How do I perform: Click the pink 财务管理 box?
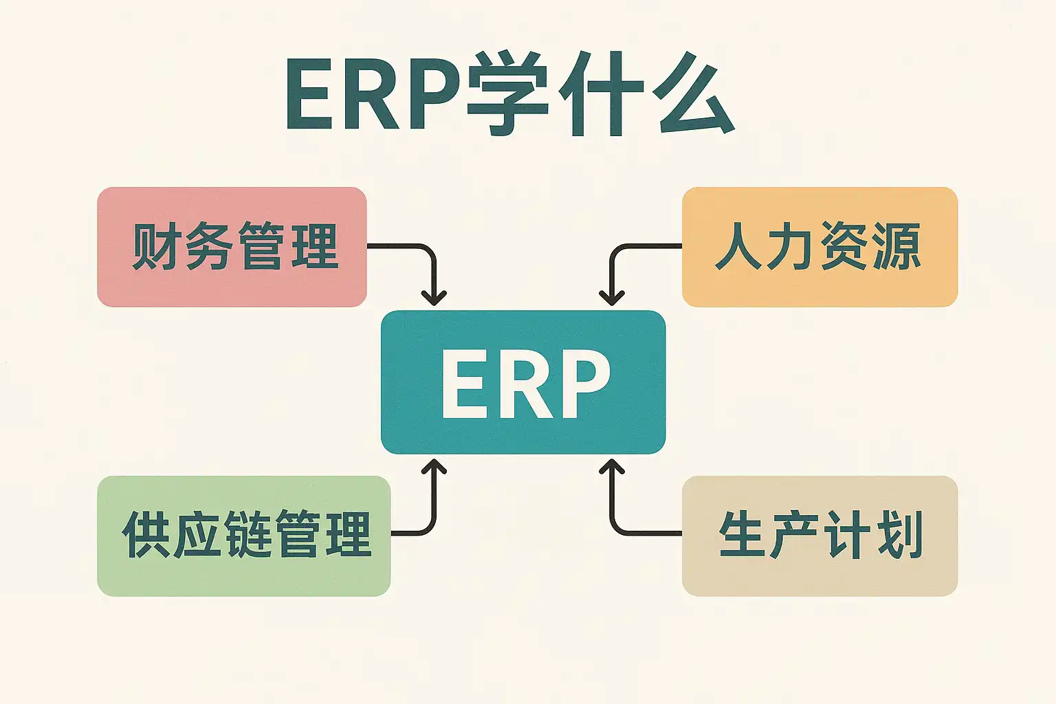coord(232,246)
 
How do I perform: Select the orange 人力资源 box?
coord(819,246)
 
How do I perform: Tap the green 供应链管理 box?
coord(243,535)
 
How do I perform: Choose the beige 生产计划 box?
coord(819,535)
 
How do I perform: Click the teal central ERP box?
coord(523,382)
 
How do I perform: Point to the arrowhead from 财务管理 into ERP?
coord(434,298)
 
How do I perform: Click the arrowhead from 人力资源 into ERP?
coord(611,298)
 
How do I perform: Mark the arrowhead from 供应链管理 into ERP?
coord(434,467)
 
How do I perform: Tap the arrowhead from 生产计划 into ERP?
coord(611,467)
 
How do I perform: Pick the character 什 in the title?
coord(600,93)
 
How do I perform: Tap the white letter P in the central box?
coord(584,383)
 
